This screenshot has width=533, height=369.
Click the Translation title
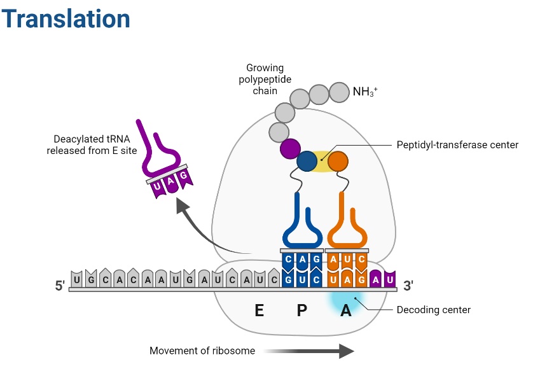click(x=66, y=20)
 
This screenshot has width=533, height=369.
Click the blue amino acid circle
click(x=308, y=161)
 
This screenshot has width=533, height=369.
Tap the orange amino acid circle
click(x=338, y=161)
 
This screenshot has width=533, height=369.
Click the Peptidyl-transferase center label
click(x=457, y=145)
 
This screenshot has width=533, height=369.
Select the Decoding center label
click(x=433, y=310)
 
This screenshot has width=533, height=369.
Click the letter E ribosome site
click(x=259, y=310)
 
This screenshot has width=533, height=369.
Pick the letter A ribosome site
click(x=345, y=310)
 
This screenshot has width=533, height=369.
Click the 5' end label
click(x=60, y=286)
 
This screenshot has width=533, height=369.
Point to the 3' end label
click(x=408, y=286)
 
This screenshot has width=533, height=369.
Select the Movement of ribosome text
click(x=202, y=351)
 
